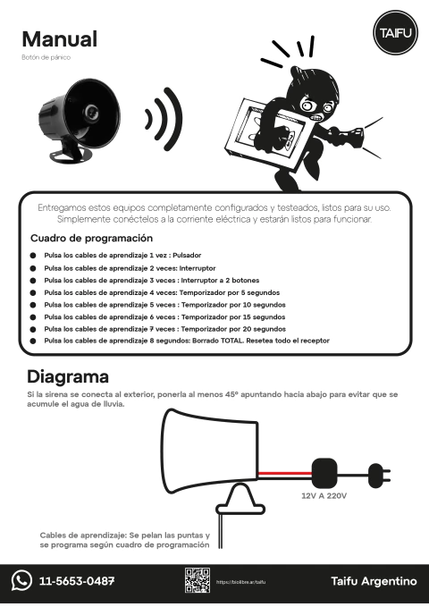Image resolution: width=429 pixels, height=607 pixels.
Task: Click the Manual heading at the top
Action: pos(59,39)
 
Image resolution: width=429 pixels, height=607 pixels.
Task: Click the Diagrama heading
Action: pos(68,376)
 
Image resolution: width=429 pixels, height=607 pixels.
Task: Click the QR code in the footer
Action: pos(197,580)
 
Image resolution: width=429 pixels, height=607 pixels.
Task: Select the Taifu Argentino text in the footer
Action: pos(374,581)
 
